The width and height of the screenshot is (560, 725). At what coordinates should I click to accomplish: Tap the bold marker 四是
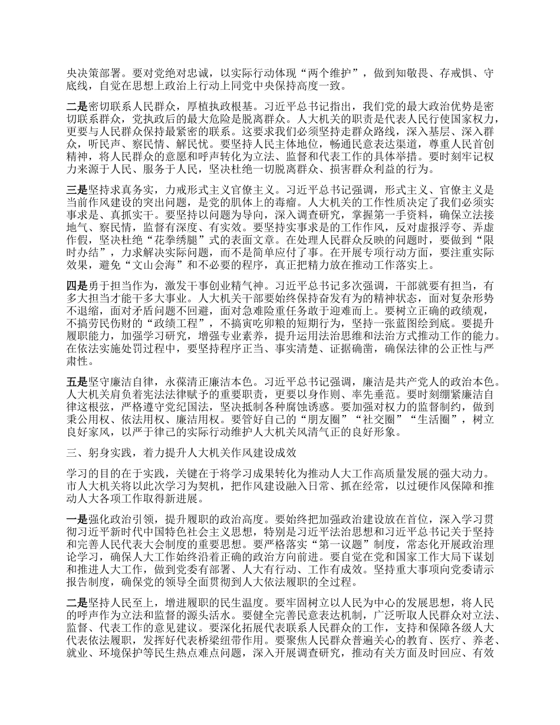click(x=78, y=285)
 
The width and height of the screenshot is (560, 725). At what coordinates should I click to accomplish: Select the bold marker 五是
click(x=78, y=380)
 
